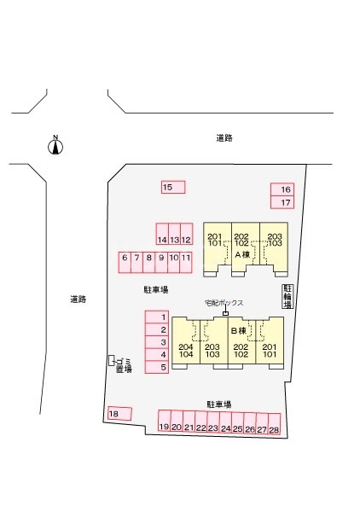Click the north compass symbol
coord(55,146)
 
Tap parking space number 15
coord(173,187)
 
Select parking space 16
coord(282,189)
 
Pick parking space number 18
coord(119,414)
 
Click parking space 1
coord(157,317)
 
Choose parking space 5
coord(157,367)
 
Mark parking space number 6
coord(125,262)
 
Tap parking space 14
coord(162,234)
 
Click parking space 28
coord(275,424)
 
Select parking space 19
coord(164,421)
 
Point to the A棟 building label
coord(242,254)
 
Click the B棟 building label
coord(239,331)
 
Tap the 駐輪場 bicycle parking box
coord(287,296)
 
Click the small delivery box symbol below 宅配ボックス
coord(225,313)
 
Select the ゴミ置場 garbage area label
coord(124,365)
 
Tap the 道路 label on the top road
coord(224,138)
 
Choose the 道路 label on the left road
coord(78,299)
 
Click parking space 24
coord(225,422)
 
